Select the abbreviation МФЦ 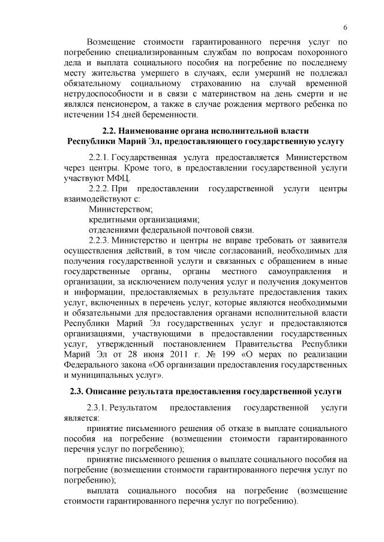(x=124, y=178)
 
